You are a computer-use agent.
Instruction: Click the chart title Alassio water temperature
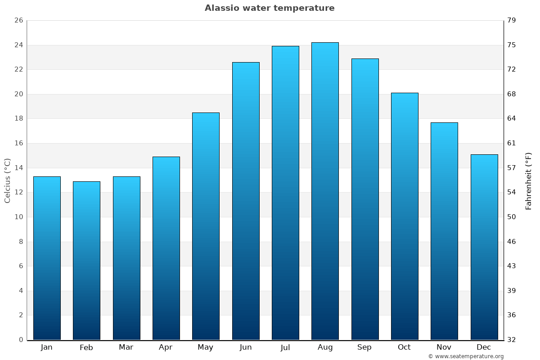coord(270,8)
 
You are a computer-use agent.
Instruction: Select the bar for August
coord(325,191)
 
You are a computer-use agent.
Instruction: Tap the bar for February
coord(86,261)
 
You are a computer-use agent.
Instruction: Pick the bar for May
coord(206,226)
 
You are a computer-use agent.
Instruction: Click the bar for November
coord(444,231)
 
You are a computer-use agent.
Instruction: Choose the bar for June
coord(246,201)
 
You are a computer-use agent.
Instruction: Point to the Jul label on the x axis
coord(285,347)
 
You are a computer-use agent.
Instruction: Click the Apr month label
coord(166,347)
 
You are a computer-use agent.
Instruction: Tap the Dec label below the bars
coord(484,347)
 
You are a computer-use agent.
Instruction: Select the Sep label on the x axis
coord(364,347)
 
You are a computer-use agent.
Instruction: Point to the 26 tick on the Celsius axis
coord(18,21)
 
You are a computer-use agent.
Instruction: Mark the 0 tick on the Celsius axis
coord(21,340)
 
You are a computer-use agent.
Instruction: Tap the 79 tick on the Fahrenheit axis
coord(512,21)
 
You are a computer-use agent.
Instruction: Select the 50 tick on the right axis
coord(512,217)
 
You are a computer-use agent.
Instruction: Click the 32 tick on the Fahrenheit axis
coord(512,340)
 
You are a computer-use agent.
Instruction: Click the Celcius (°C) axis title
coord(8,180)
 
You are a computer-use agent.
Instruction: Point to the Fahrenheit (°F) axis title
coord(529,180)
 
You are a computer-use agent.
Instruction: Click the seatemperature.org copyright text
coord(466,356)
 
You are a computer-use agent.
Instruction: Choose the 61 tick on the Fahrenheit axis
coord(512,143)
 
